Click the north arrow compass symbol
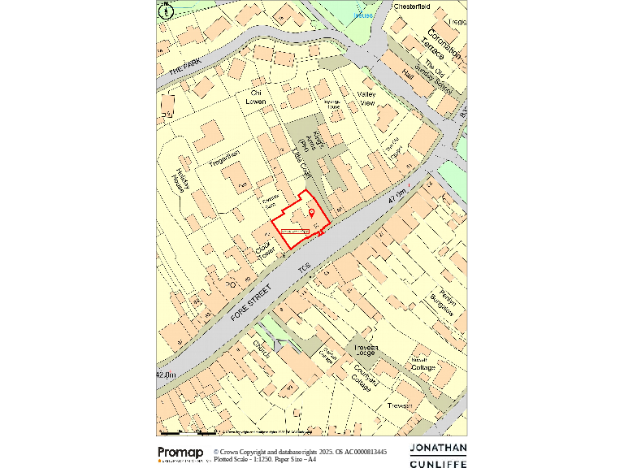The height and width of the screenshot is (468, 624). coord(167,11)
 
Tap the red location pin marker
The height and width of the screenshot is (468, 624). coord(311,213)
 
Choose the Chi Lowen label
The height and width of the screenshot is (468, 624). coord(257,97)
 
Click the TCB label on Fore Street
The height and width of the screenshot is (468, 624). coord(304,267)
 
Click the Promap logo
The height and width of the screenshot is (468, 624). coord(180,453)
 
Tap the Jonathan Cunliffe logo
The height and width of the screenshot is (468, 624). coord(438,456)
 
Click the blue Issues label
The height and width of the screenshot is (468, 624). coord(364,15)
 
